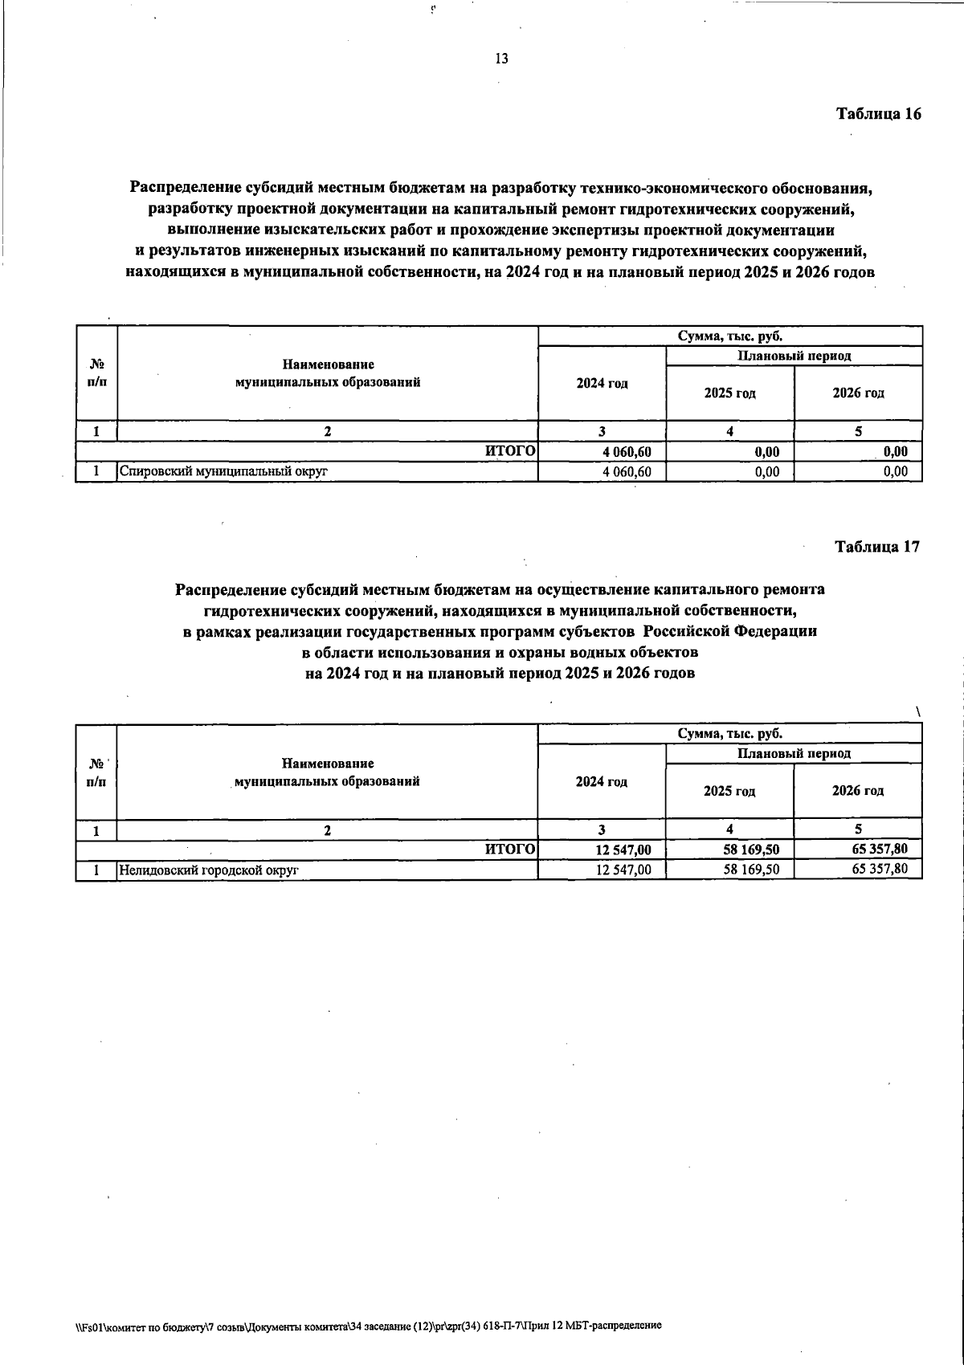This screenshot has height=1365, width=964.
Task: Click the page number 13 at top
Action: [x=501, y=59]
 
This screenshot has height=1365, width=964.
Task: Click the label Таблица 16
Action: [x=878, y=113]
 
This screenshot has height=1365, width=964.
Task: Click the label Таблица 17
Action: [x=877, y=547]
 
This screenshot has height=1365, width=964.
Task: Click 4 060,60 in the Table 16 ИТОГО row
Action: [x=626, y=452]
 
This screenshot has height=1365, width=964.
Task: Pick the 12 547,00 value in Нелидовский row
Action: [x=623, y=869]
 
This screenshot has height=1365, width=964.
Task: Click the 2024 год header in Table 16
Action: [x=602, y=384]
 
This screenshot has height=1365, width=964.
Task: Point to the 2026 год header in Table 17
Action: [x=857, y=791]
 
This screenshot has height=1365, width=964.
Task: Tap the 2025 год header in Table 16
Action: [x=729, y=393]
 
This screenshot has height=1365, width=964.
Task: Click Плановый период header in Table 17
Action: [x=794, y=753]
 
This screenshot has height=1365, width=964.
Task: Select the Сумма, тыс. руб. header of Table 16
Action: [x=729, y=336]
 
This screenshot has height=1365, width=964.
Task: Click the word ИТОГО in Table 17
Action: [x=510, y=849]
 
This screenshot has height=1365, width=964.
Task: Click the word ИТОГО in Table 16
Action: [x=510, y=452]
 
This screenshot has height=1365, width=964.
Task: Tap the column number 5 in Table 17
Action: [x=858, y=830]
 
